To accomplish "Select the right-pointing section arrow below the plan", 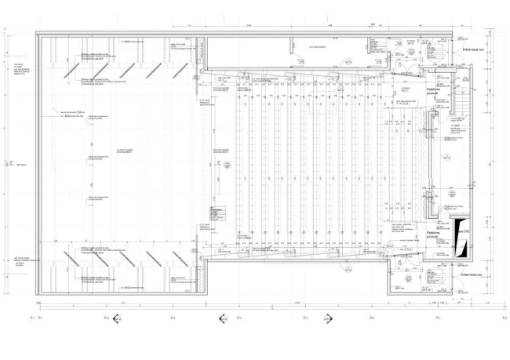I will [x=330, y=318].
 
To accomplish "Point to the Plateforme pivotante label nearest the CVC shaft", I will [x=434, y=235].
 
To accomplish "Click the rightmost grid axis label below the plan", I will [x=502, y=318].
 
